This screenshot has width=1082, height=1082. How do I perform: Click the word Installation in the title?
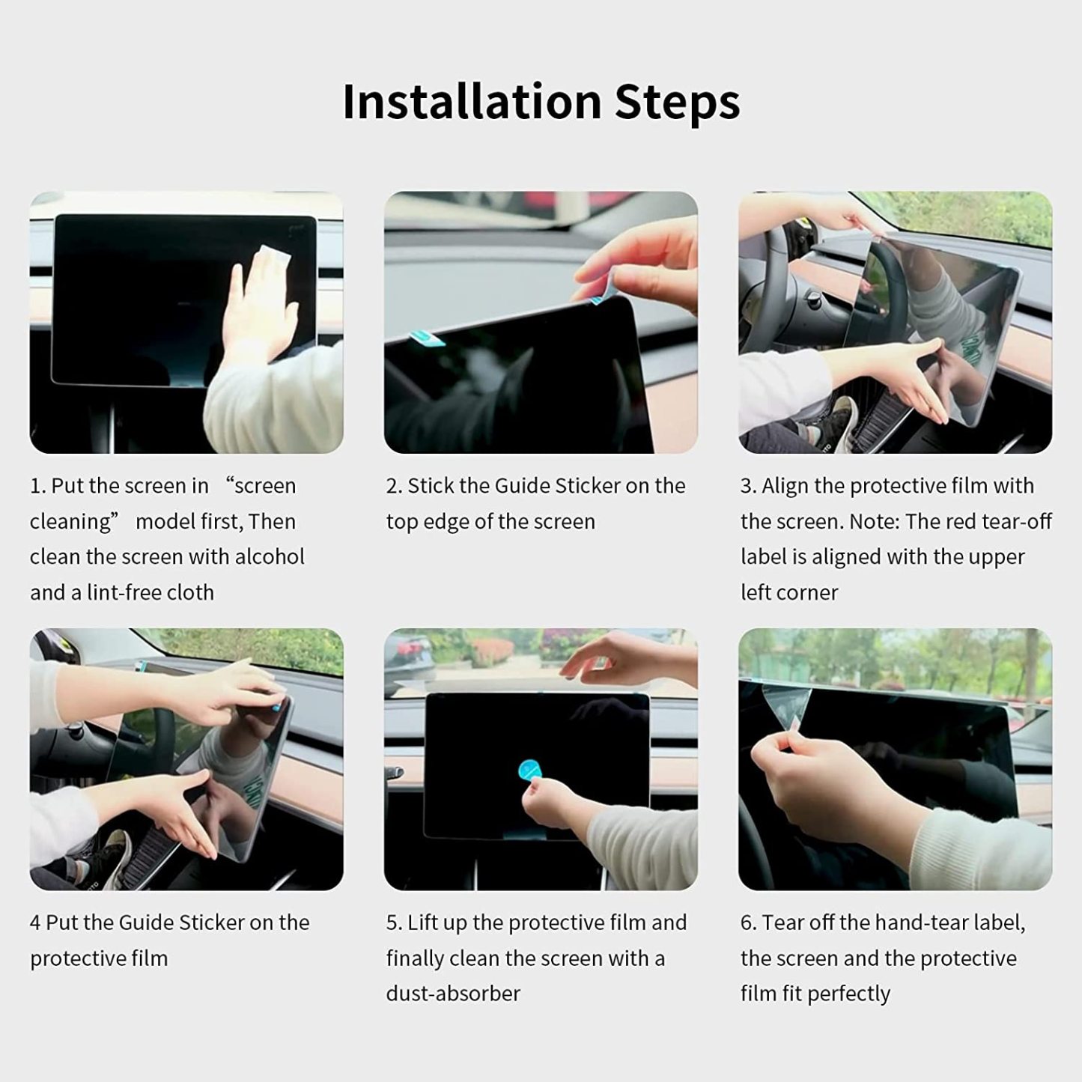[472, 101]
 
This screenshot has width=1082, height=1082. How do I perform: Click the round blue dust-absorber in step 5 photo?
[531, 771]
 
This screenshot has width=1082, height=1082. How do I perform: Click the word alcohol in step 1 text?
[270, 556]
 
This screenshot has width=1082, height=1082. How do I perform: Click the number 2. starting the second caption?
[394, 486]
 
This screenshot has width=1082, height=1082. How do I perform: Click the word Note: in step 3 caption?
[874, 521]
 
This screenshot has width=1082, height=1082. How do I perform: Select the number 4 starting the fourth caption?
[35, 923]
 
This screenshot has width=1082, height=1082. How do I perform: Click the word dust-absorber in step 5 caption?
[452, 994]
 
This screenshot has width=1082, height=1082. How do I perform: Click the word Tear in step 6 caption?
[782, 923]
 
